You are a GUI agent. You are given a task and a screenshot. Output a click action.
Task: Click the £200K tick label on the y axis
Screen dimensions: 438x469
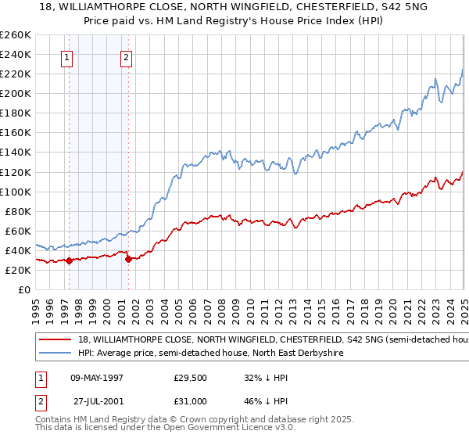16,93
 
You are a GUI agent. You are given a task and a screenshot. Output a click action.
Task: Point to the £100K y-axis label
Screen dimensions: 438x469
16,192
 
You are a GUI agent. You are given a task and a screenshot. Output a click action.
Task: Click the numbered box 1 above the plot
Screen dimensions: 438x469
67,56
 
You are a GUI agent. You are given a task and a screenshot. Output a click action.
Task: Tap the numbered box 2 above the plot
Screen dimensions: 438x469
127,56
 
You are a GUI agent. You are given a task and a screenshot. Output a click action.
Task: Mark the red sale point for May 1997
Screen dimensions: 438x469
70,260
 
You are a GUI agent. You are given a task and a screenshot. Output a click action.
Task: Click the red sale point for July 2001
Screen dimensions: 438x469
129,259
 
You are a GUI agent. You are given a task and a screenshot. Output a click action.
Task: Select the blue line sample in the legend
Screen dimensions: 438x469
55,354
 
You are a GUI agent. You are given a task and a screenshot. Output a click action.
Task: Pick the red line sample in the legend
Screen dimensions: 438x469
55,340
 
